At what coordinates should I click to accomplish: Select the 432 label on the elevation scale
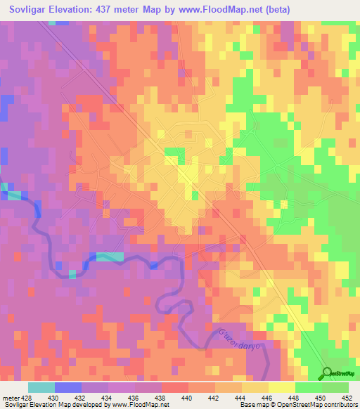pos(81,397)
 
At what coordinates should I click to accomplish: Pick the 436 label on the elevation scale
pos(134,397)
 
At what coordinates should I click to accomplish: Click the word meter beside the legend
pos(10,397)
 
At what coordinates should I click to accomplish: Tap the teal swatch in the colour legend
pos(41,387)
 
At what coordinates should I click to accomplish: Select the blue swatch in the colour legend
pos(68,387)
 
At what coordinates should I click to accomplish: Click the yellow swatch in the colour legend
pos(282,387)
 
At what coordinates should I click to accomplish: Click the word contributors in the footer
pos(340,405)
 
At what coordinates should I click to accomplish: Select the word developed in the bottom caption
pos(88,405)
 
